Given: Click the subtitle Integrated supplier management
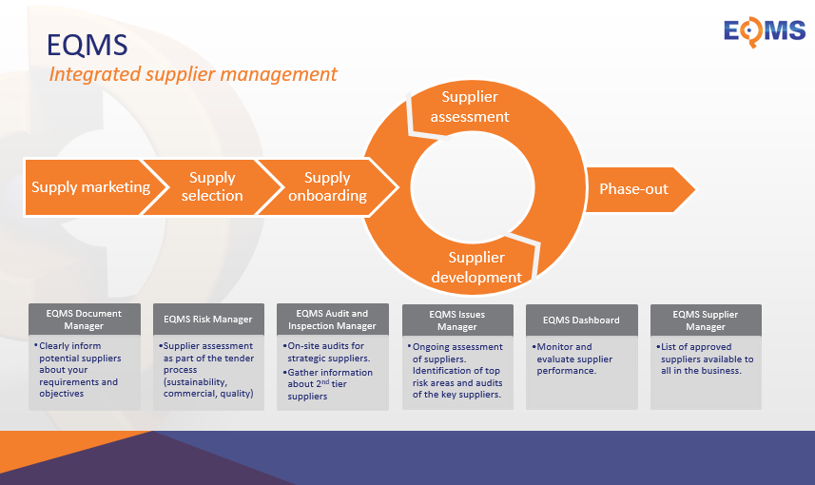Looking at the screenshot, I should (x=193, y=74).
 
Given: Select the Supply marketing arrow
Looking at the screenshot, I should (x=90, y=187).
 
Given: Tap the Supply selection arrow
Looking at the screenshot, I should (x=212, y=187).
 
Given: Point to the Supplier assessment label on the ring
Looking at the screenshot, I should (x=470, y=107).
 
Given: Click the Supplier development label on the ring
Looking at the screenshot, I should (x=476, y=267).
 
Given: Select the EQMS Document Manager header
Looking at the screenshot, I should (x=85, y=320).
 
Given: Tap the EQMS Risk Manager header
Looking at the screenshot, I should (x=208, y=320).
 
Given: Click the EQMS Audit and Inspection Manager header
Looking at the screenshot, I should (x=332, y=320).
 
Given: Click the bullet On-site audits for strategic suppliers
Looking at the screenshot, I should (x=326, y=352).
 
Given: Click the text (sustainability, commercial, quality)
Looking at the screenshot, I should (x=208, y=387).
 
